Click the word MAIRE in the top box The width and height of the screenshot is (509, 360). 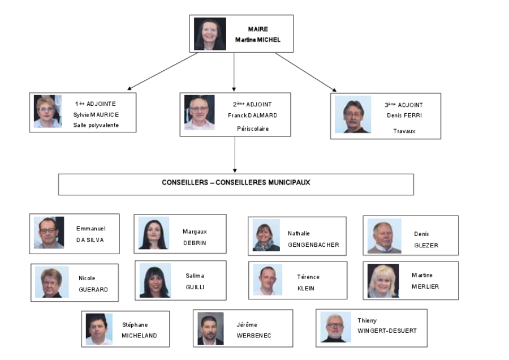coord(258,29)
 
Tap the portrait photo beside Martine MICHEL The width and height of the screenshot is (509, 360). coord(210,34)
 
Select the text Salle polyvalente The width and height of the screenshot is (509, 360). coord(96,125)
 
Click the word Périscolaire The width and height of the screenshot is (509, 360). coord(253,128)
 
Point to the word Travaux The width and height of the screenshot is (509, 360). coord(404,131)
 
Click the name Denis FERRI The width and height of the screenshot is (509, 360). coord(404,115)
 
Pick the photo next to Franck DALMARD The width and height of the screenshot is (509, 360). coord(199,113)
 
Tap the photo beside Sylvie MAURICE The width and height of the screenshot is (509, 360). coord(48,111)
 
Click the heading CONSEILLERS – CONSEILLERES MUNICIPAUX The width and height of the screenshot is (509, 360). coord(236,183)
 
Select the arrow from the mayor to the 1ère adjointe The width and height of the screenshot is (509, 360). coord(162,71)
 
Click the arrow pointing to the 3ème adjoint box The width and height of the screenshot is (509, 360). coord(306,72)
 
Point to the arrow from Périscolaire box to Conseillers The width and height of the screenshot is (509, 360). coord(235,155)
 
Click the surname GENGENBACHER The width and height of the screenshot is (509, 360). coord(313,245)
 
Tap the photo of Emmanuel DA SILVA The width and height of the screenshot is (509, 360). coord(49,233)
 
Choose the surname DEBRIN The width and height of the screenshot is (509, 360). coord(195,243)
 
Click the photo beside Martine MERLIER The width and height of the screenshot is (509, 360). coord(383,281)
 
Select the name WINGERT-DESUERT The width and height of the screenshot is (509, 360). coord(387,331)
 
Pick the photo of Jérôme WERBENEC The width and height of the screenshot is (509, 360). coord(211,328)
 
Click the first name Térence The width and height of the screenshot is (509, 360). coord(308,277)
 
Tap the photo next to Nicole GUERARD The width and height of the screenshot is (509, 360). coord(52,282)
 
